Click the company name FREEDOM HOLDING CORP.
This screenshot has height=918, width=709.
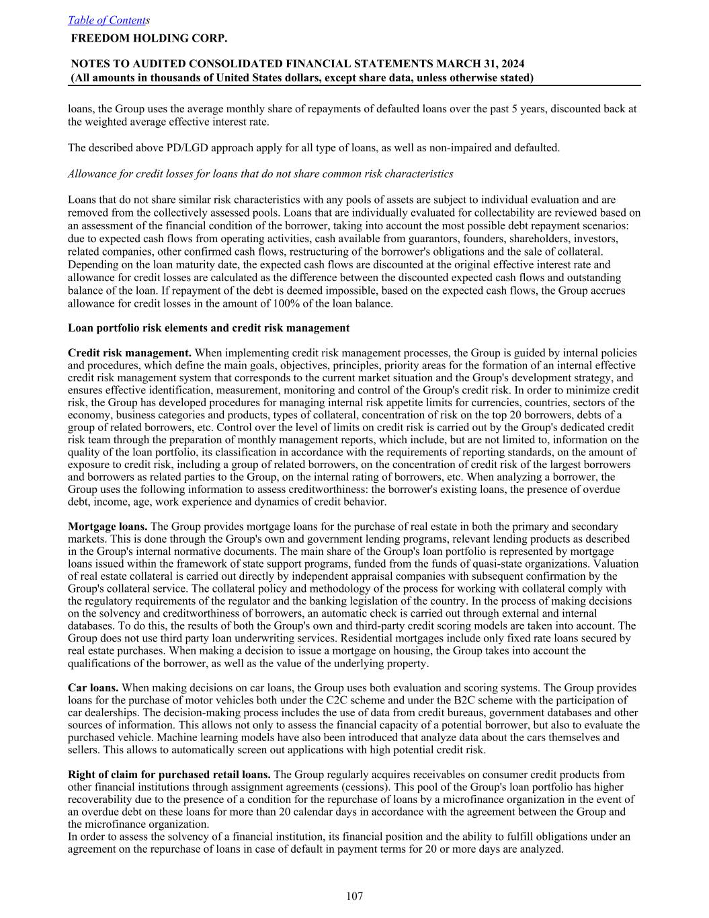click(x=149, y=38)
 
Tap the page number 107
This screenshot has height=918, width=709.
click(x=354, y=896)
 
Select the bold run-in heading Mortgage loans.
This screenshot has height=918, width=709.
click(x=108, y=527)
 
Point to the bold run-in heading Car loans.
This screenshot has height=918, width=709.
click(x=93, y=688)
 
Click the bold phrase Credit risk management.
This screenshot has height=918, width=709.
click(x=130, y=353)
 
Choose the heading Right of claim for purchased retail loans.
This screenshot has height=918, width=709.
click(x=169, y=775)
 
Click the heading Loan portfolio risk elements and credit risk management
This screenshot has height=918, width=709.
click(x=208, y=328)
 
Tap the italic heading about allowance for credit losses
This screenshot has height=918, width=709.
click(x=260, y=174)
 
